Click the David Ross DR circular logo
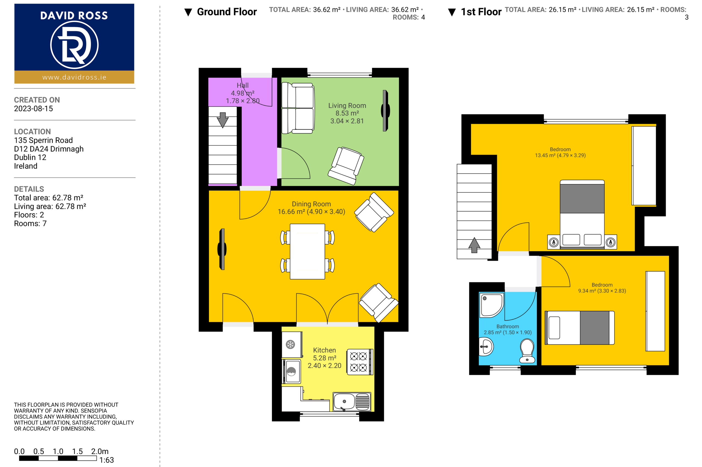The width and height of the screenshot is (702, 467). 74,45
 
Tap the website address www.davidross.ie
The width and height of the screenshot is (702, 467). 74,77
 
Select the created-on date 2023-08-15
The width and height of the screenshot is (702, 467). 33,109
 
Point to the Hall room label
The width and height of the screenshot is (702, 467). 242,86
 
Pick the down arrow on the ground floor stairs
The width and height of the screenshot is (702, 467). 222,120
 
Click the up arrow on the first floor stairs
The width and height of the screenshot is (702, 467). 474,245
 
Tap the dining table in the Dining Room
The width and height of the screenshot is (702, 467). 307,251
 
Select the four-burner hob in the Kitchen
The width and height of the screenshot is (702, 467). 360,362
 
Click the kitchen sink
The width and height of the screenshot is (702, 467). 352,402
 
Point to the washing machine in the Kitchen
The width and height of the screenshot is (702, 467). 291,371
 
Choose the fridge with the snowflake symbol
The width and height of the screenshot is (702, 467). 292,345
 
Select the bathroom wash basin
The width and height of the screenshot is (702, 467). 486,347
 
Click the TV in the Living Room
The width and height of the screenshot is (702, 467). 385,111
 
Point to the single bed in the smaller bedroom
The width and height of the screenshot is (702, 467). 580,328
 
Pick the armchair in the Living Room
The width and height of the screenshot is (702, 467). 346,166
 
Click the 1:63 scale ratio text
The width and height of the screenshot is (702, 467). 106,460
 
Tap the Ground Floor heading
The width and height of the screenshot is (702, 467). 227,12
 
